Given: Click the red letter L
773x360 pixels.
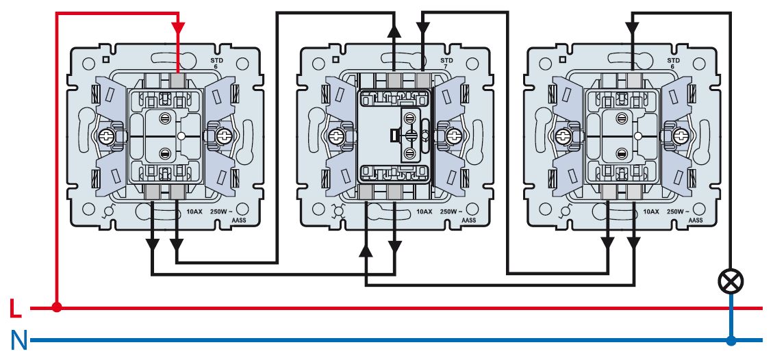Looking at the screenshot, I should [16, 309].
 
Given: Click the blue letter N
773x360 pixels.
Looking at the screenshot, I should [18, 340].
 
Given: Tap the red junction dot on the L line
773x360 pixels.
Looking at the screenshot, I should [57, 308].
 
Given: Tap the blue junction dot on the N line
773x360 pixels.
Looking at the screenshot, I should [731, 340].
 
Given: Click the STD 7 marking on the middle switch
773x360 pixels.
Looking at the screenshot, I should [446, 64].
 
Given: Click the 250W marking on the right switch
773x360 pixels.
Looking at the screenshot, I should [682, 212].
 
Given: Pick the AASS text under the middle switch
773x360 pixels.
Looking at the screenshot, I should [468, 220].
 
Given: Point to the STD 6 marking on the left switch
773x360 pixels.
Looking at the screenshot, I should [216, 64].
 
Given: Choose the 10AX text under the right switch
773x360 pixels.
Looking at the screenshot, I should [651, 212].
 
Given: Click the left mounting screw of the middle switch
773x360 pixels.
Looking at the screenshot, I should [337, 136].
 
